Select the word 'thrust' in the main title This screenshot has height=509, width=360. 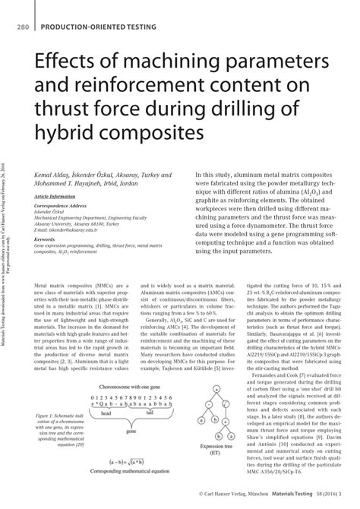coord(62,111)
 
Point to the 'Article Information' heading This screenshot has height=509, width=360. coord(55,196)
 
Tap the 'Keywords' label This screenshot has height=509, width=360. coord(48,237)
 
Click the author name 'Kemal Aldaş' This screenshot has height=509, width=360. coord(52,175)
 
